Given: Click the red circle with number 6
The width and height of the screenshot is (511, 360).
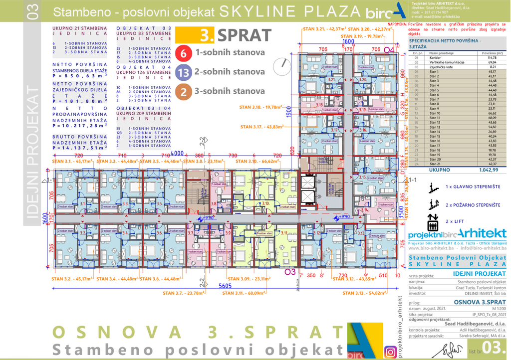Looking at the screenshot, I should [x=184, y=52].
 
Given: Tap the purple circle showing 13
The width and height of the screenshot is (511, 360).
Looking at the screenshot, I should [x=184, y=72].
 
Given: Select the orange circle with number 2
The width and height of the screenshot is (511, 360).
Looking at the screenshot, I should [x=184, y=91].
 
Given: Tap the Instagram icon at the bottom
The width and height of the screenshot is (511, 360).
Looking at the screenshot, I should [x=390, y=353].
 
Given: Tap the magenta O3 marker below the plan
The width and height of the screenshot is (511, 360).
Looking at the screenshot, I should [x=290, y=271].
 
